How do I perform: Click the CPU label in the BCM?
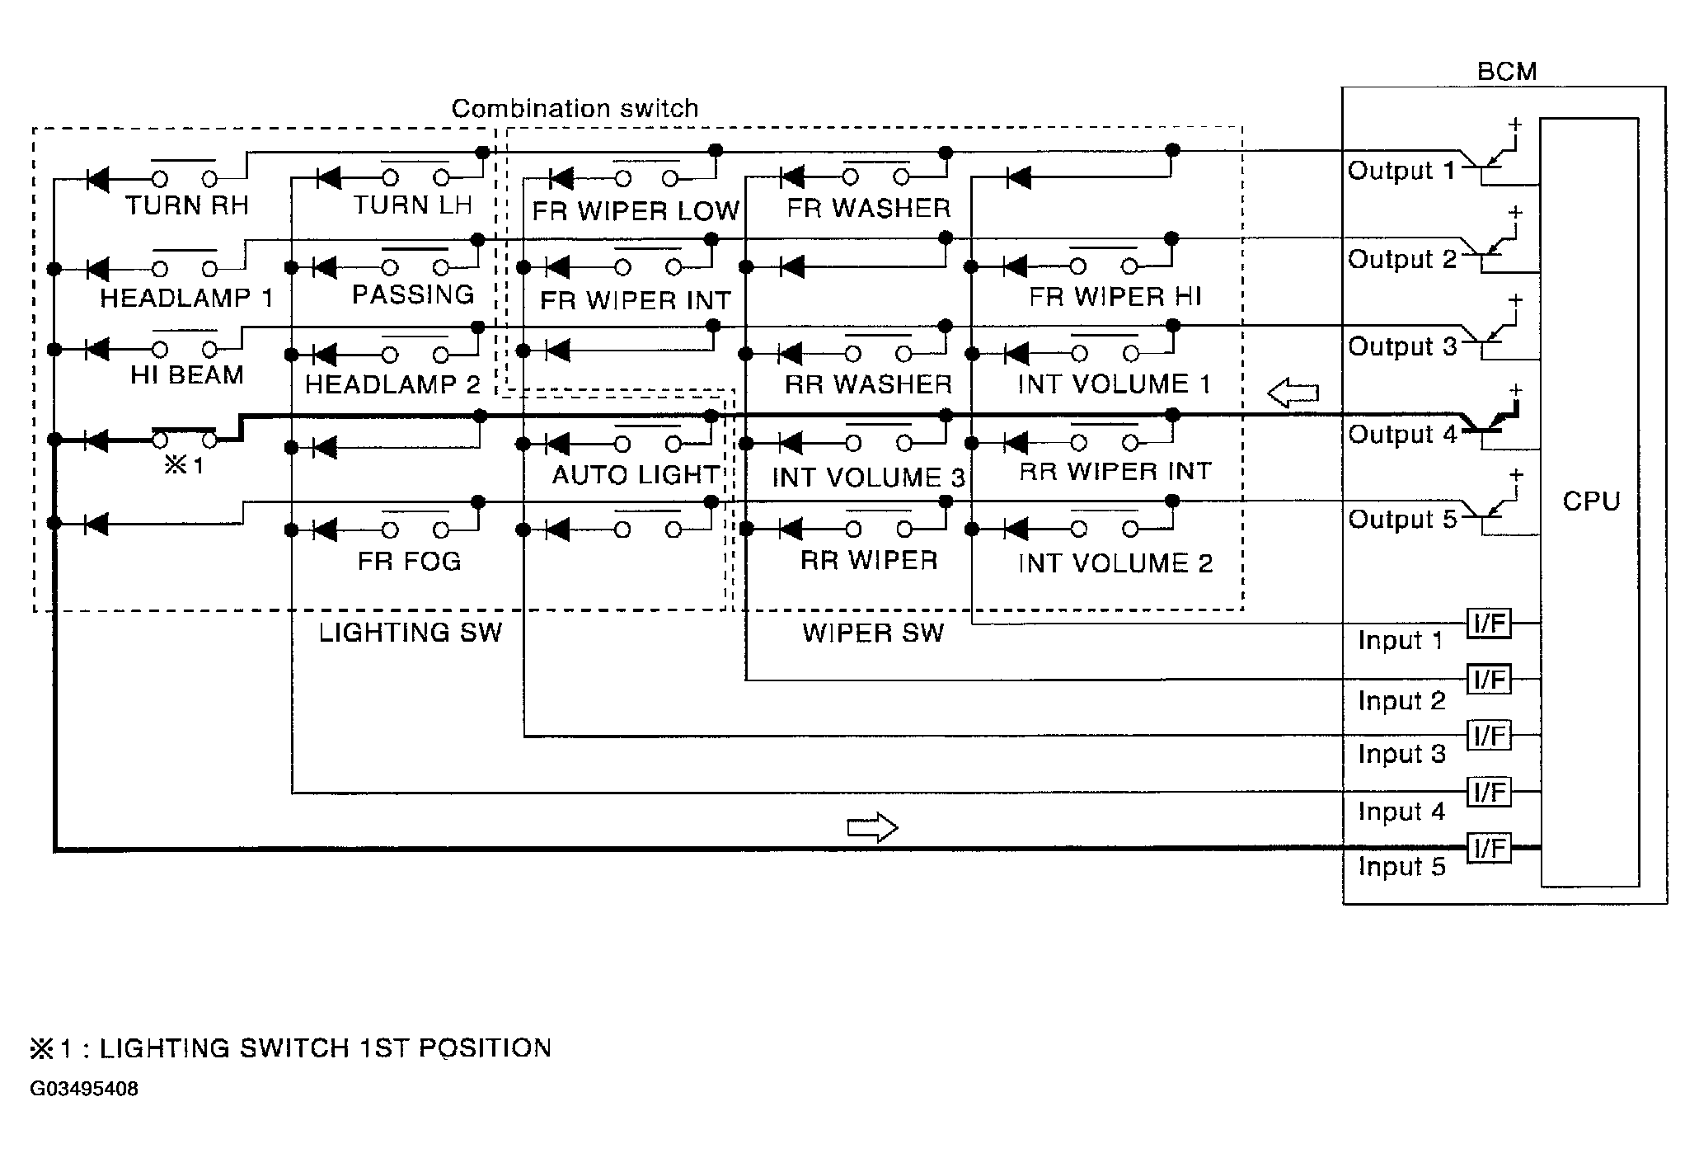[1591, 501]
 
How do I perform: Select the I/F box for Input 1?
[1490, 624]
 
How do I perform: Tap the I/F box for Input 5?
[1490, 848]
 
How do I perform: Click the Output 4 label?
[1402, 435]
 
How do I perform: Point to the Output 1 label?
[1401, 171]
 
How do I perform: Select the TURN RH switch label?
[187, 205]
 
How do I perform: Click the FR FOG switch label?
[409, 562]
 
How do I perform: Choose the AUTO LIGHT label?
[636, 475]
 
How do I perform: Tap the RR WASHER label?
[868, 384]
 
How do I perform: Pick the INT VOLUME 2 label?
[1115, 563]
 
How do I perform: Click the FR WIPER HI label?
[1115, 297]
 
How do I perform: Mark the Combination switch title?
[575, 108]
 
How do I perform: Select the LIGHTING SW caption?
[411, 633]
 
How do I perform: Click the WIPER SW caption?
[873, 633]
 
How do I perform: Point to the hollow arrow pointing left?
[1293, 393]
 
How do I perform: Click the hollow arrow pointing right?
[872, 826]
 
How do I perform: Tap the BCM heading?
[1506, 72]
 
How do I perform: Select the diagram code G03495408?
[84, 1089]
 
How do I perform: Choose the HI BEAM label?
[187, 375]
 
